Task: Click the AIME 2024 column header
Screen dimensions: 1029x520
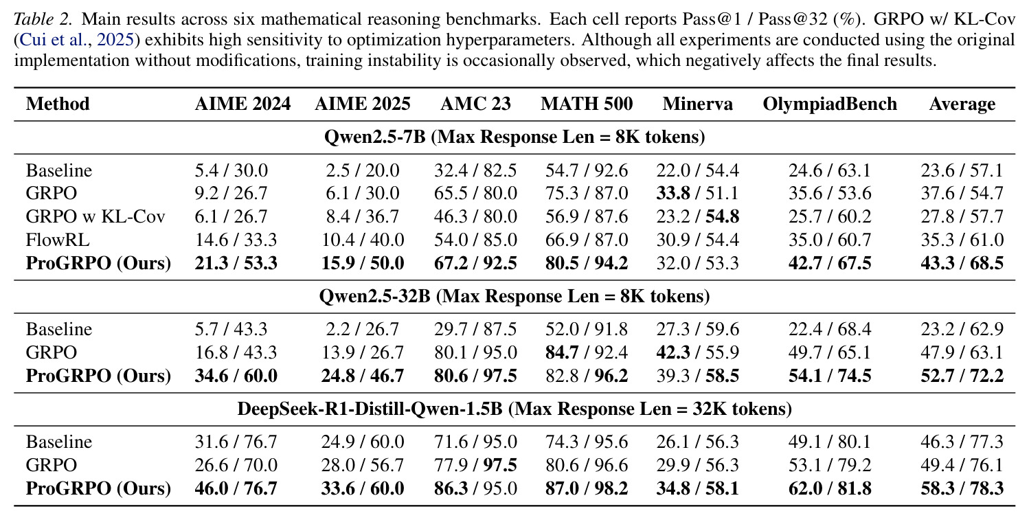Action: [x=242, y=104]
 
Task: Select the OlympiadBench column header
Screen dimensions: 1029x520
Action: [x=830, y=104]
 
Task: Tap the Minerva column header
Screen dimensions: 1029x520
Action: [x=697, y=104]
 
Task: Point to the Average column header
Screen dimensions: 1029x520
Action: [x=962, y=104]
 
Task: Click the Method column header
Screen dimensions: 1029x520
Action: [x=58, y=104]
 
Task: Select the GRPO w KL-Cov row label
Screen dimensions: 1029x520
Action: [x=95, y=216]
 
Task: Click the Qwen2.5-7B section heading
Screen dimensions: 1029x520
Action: [x=514, y=137]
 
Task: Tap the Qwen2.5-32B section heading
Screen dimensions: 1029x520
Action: [x=514, y=296]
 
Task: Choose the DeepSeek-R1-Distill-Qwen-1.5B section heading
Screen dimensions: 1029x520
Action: [x=514, y=409]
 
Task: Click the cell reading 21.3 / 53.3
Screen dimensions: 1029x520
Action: [x=236, y=263]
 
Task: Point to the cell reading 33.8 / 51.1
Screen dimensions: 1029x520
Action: [x=697, y=194]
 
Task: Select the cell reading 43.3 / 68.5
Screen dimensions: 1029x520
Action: [x=962, y=263]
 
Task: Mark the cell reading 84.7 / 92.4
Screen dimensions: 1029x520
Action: [x=587, y=353]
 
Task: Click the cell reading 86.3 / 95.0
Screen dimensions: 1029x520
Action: [x=475, y=488]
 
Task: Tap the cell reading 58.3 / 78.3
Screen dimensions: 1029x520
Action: [x=962, y=488]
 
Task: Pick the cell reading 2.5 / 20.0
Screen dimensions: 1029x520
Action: [x=363, y=170]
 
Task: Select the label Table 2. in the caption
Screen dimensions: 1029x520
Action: [x=43, y=19]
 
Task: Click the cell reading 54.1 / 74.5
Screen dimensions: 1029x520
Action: [x=830, y=376]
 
